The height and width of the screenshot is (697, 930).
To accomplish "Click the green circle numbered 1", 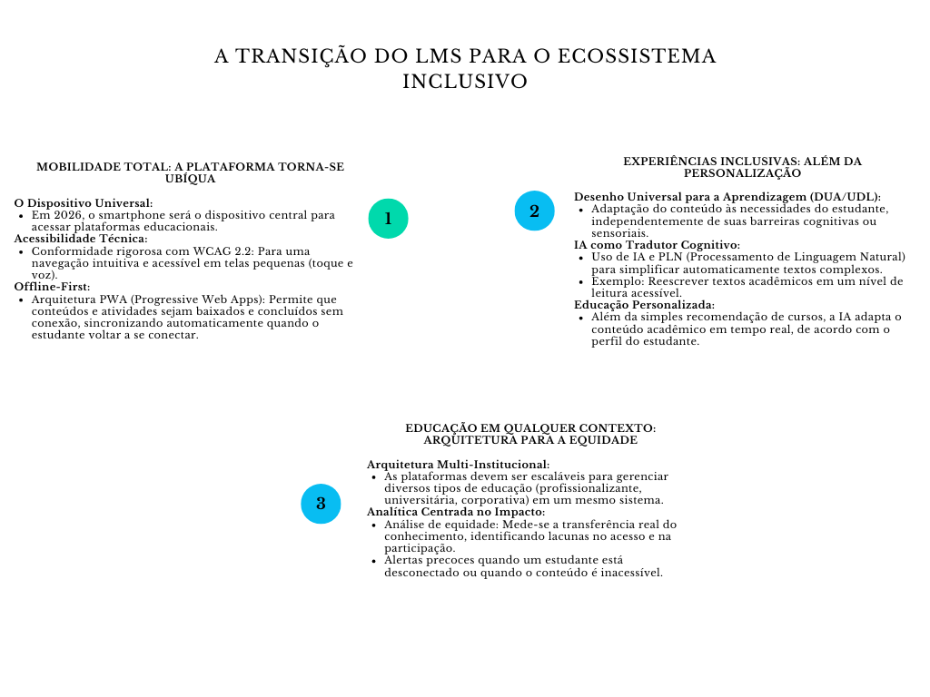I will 388,219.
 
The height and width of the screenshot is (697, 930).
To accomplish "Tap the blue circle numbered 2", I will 534,211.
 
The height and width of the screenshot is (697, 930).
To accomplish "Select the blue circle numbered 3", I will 321,504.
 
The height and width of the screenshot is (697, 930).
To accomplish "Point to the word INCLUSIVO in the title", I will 465,82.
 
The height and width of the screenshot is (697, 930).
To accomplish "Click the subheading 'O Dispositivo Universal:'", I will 84,203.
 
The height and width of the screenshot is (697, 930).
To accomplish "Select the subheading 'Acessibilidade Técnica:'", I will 81,239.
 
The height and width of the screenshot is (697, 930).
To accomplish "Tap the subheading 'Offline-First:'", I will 52,287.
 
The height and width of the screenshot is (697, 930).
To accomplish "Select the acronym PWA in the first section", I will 115,299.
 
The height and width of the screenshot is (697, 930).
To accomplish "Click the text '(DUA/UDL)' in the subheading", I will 846,197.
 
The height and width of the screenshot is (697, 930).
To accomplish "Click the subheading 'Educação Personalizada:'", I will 644,305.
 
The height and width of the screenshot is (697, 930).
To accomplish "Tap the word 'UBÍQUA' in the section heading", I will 190,179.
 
